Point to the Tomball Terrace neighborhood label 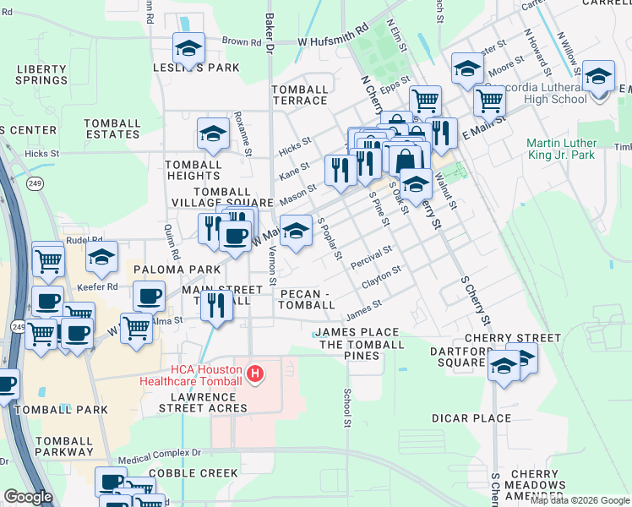click(x=299, y=95)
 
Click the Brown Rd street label click(x=242, y=41)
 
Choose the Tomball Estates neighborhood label click(x=112, y=128)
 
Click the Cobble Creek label click(x=193, y=473)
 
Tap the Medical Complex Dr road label click(x=160, y=452)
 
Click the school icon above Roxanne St click(x=213, y=133)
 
